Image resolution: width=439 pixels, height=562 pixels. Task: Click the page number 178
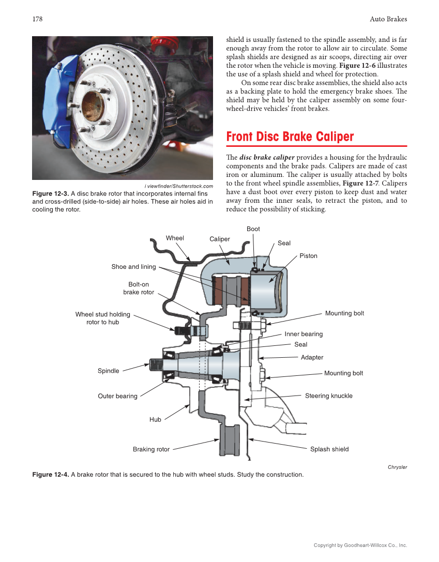(x=37, y=19)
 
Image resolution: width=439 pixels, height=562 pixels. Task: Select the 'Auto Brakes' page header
(x=388, y=19)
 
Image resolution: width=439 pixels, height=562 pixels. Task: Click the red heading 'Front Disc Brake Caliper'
(x=290, y=137)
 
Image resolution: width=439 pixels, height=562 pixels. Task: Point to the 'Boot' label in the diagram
(x=253, y=229)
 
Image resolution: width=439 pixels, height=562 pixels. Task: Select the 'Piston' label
(x=308, y=256)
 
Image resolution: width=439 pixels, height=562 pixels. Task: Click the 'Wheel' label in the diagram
(x=175, y=238)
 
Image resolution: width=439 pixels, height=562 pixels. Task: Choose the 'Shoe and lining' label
(x=133, y=267)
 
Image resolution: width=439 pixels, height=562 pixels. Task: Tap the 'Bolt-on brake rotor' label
(x=139, y=288)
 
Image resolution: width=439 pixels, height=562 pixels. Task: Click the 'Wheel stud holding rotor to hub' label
(x=103, y=318)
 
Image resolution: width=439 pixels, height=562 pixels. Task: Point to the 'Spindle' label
(x=109, y=371)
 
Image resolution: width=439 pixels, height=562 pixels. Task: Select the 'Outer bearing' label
(x=118, y=396)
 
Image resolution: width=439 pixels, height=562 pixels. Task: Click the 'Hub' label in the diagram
(x=155, y=419)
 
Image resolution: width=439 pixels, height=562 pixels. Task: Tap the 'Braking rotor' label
(x=151, y=449)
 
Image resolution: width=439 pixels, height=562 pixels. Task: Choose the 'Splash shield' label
(x=329, y=449)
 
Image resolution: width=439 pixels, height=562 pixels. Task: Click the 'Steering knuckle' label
(x=328, y=396)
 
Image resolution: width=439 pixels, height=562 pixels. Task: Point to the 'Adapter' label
(x=312, y=357)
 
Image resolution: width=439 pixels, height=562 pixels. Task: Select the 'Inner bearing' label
(x=304, y=334)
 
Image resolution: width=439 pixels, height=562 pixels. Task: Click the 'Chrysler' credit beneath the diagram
(x=397, y=467)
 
